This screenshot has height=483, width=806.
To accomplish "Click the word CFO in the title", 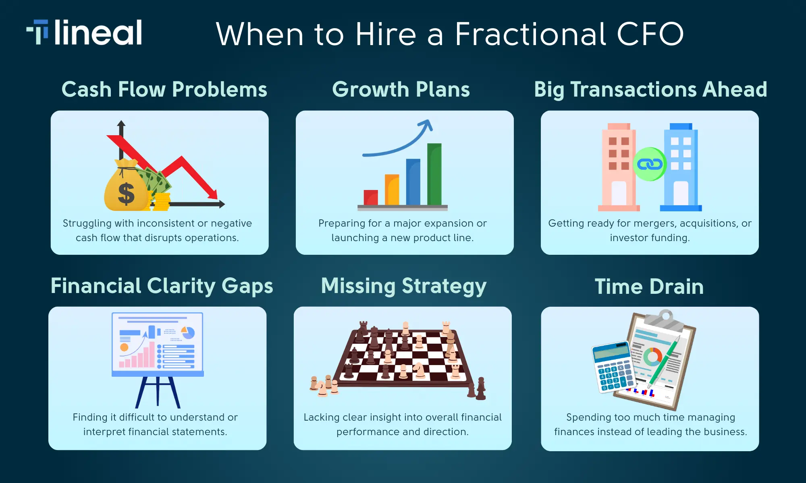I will [x=650, y=35].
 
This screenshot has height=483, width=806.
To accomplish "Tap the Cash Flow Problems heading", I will [x=164, y=89].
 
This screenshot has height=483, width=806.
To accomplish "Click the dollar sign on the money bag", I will [x=126, y=194].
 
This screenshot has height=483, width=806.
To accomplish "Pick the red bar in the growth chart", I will [x=370, y=197].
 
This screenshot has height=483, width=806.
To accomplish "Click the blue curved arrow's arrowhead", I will [x=426, y=125].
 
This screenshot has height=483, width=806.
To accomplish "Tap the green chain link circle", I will [x=649, y=164].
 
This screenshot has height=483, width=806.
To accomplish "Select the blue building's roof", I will [x=681, y=126].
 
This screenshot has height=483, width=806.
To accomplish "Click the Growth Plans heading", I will [x=401, y=89].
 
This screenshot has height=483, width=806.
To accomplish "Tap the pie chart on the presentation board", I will [x=188, y=333].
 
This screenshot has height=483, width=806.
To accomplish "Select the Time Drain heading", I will [x=649, y=287].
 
